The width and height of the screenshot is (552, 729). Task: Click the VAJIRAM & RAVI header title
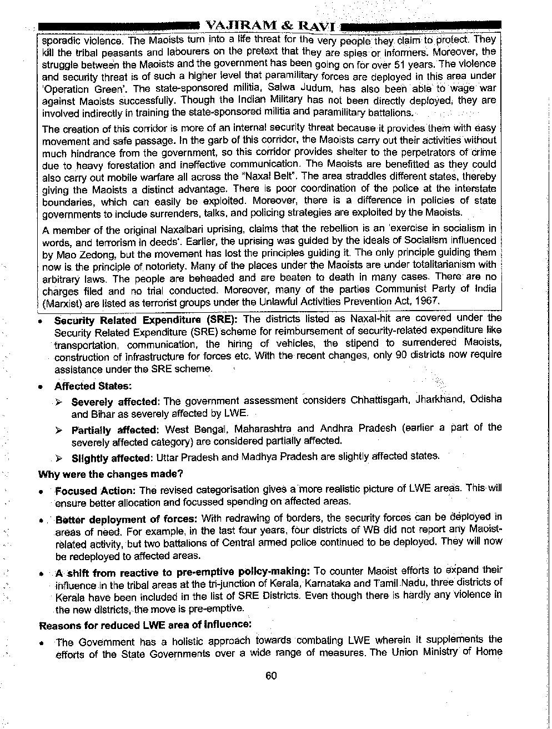click(x=270, y=26)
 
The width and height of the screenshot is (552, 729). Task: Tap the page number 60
click(x=271, y=676)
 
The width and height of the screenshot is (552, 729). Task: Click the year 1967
click(x=429, y=301)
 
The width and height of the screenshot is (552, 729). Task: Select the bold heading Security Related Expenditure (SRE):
click(x=146, y=319)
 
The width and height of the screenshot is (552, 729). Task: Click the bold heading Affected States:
click(x=89, y=386)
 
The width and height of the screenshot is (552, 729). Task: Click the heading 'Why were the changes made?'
click(x=111, y=474)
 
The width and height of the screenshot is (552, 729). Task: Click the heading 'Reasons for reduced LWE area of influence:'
click(x=145, y=625)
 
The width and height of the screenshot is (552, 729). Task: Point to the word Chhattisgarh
click(x=377, y=401)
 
